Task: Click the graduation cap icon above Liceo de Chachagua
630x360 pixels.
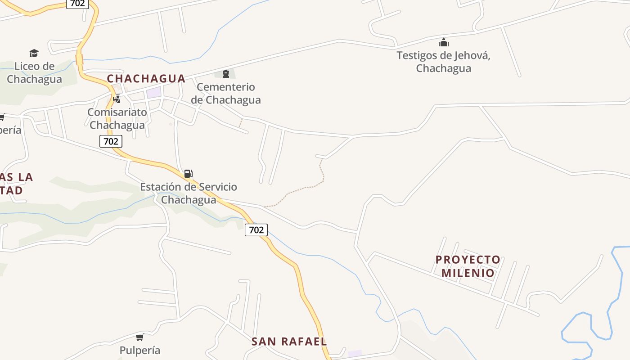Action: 34,54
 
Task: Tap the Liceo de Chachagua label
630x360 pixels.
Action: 34,72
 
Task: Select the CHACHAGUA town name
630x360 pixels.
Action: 146,79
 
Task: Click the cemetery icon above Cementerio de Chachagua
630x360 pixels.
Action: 226,74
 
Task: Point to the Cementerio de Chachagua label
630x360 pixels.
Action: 226,93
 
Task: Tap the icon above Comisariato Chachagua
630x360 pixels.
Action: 117,99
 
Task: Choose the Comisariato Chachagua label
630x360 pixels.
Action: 117,118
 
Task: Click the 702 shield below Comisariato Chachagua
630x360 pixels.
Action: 111,141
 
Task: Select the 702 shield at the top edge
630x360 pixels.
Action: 77,4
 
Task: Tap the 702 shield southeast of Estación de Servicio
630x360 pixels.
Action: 256,230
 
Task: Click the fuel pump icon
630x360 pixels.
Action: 188,174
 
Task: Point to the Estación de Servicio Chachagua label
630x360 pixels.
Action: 189,193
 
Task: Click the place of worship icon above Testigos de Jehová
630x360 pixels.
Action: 444,43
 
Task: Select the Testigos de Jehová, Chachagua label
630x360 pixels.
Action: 443,62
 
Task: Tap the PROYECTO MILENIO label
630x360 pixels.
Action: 468,266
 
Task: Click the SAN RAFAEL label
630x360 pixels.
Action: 289,342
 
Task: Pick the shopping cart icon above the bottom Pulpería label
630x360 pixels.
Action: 140,337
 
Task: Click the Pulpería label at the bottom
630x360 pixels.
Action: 140,350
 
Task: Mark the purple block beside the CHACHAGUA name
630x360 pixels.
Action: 153,93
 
